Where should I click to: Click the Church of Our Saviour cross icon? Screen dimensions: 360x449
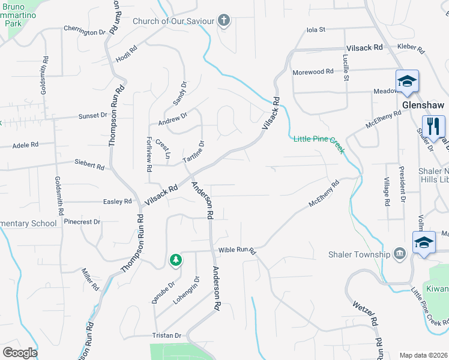tap(224, 22)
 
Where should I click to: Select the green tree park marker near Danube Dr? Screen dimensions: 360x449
tap(175, 260)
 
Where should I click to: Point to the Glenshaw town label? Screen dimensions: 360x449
tap(423, 104)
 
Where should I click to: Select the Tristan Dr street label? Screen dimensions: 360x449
tap(166, 336)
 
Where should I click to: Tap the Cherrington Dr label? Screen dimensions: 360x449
tap(84, 31)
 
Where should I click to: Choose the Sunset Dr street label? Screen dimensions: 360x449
tap(92, 115)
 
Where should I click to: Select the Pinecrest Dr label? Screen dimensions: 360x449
tap(83, 221)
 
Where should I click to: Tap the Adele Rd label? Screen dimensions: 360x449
tap(25, 145)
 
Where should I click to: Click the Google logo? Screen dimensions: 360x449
tap(20, 353)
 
